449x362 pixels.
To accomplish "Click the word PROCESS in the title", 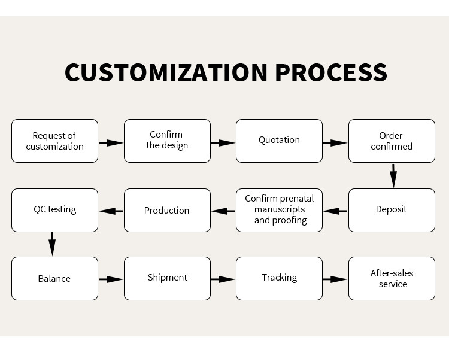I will click(x=331, y=72).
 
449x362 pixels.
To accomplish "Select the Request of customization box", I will click(x=54, y=141).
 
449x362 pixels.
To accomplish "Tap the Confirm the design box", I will click(x=167, y=141).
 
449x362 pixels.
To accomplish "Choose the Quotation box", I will click(x=279, y=141).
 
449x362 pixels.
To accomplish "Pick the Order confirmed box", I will click(x=392, y=141).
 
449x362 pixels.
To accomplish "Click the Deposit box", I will click(x=392, y=210).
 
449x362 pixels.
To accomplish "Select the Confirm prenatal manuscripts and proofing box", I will click(x=279, y=210).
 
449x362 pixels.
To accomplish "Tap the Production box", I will click(x=167, y=210).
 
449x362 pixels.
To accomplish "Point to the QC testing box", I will click(x=54, y=210).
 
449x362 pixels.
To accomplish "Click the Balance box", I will click(x=54, y=278).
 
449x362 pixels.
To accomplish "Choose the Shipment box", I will click(x=167, y=278).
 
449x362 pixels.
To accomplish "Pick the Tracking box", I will click(x=279, y=278).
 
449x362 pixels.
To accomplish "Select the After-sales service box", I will click(x=392, y=278).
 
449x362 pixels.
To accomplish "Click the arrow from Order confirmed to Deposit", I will click(x=393, y=176).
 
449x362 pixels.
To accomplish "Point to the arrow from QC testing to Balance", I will click(x=52, y=244).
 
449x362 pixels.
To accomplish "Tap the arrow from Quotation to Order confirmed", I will click(x=335, y=143).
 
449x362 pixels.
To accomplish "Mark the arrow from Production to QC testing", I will click(x=111, y=211).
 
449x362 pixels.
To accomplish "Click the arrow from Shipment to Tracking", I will click(x=223, y=279).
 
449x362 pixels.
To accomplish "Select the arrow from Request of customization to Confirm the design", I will click(x=111, y=143).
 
